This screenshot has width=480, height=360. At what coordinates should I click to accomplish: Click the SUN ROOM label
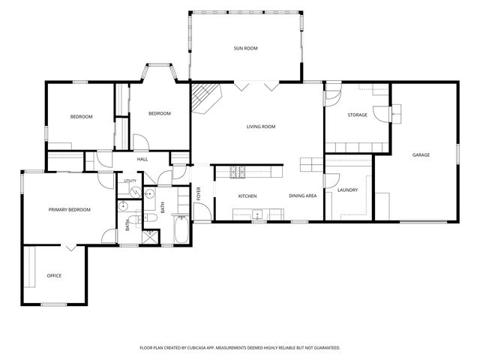(245, 48)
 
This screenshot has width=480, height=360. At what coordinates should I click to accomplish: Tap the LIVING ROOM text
(261, 127)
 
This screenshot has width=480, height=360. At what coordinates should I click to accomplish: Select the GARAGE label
(421, 155)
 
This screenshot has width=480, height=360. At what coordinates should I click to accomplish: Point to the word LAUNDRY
(347, 190)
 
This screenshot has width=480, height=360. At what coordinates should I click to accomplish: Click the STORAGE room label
(357, 115)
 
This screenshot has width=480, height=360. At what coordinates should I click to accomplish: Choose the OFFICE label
(54, 276)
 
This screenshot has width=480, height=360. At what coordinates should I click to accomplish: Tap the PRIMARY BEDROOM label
(70, 210)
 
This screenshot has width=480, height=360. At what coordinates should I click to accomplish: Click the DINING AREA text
(303, 196)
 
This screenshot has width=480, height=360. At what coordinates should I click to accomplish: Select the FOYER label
(198, 193)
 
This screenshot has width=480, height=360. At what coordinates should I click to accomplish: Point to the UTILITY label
(130, 181)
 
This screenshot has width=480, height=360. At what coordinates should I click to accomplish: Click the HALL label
(142, 159)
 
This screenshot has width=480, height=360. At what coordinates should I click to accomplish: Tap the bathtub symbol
(181, 229)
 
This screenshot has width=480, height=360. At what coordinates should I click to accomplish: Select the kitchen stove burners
(238, 172)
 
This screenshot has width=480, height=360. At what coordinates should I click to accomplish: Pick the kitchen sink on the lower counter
(257, 214)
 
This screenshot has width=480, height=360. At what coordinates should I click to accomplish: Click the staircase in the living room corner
(205, 97)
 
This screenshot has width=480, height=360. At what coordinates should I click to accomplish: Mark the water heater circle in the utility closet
(135, 192)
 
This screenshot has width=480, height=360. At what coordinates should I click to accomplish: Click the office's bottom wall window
(54, 304)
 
